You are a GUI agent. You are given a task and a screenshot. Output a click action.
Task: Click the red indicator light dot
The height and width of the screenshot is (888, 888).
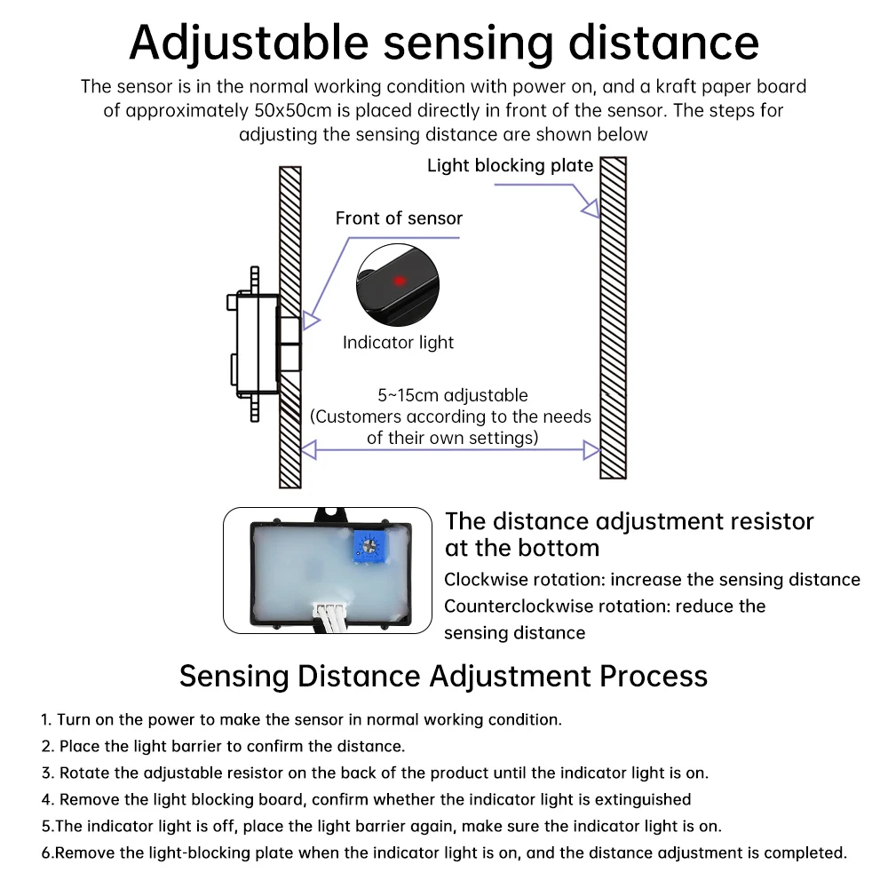[x=400, y=281]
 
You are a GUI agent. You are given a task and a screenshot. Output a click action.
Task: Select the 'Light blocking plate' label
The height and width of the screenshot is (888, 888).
[x=510, y=165]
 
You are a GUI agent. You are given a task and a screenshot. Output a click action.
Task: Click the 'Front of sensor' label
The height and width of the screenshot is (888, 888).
[x=399, y=218]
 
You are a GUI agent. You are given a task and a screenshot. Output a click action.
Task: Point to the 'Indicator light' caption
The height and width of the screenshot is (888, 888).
[x=398, y=343]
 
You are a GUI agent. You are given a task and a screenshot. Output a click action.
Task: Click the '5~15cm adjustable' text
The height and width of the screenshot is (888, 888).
[x=453, y=395]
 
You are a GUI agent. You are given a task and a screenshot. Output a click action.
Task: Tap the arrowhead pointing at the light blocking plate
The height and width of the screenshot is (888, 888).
[x=591, y=209]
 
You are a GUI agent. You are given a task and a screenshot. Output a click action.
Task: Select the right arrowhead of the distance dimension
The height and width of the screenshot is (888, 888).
[x=591, y=450]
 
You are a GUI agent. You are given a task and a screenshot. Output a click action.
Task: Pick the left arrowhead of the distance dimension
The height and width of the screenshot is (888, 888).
[x=309, y=450]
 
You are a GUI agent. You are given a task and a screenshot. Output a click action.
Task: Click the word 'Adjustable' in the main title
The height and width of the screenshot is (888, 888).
[x=250, y=44]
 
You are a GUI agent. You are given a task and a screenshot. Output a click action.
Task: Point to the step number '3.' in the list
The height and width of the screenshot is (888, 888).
[x=48, y=773]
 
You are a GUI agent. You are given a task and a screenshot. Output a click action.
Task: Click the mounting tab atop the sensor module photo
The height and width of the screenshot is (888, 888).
[x=330, y=515]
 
